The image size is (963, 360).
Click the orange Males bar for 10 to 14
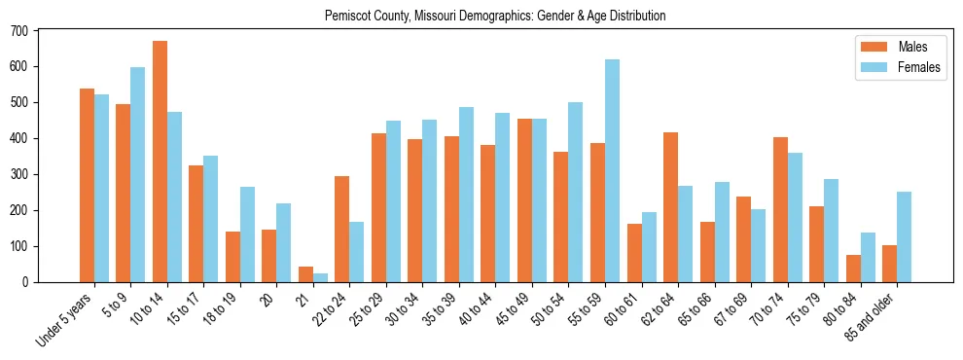point(160,162)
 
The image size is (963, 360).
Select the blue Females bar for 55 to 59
point(612,171)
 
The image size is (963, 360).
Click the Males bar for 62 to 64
point(670,207)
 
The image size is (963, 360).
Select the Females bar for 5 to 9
point(137,175)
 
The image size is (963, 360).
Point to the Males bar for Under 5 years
point(87,185)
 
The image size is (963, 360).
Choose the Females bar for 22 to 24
point(357,252)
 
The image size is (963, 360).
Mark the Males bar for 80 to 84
point(853,269)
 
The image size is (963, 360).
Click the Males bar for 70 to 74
point(780,210)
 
